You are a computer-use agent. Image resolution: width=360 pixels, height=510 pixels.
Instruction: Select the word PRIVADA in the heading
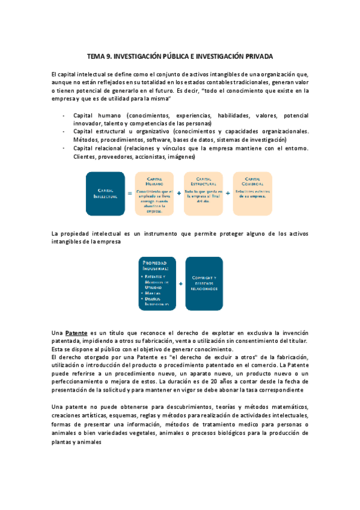(258, 56)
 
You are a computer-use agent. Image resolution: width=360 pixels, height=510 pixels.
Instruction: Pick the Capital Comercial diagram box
(252, 194)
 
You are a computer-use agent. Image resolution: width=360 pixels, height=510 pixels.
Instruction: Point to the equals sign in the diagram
(129, 194)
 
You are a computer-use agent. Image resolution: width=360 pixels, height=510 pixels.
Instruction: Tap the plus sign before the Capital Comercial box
(228, 194)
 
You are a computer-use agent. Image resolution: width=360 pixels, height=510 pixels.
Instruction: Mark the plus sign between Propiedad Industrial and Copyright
(181, 281)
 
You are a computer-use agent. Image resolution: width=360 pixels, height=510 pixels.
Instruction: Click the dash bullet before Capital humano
(64, 115)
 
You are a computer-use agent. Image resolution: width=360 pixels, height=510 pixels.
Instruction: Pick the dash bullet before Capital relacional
(64, 148)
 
